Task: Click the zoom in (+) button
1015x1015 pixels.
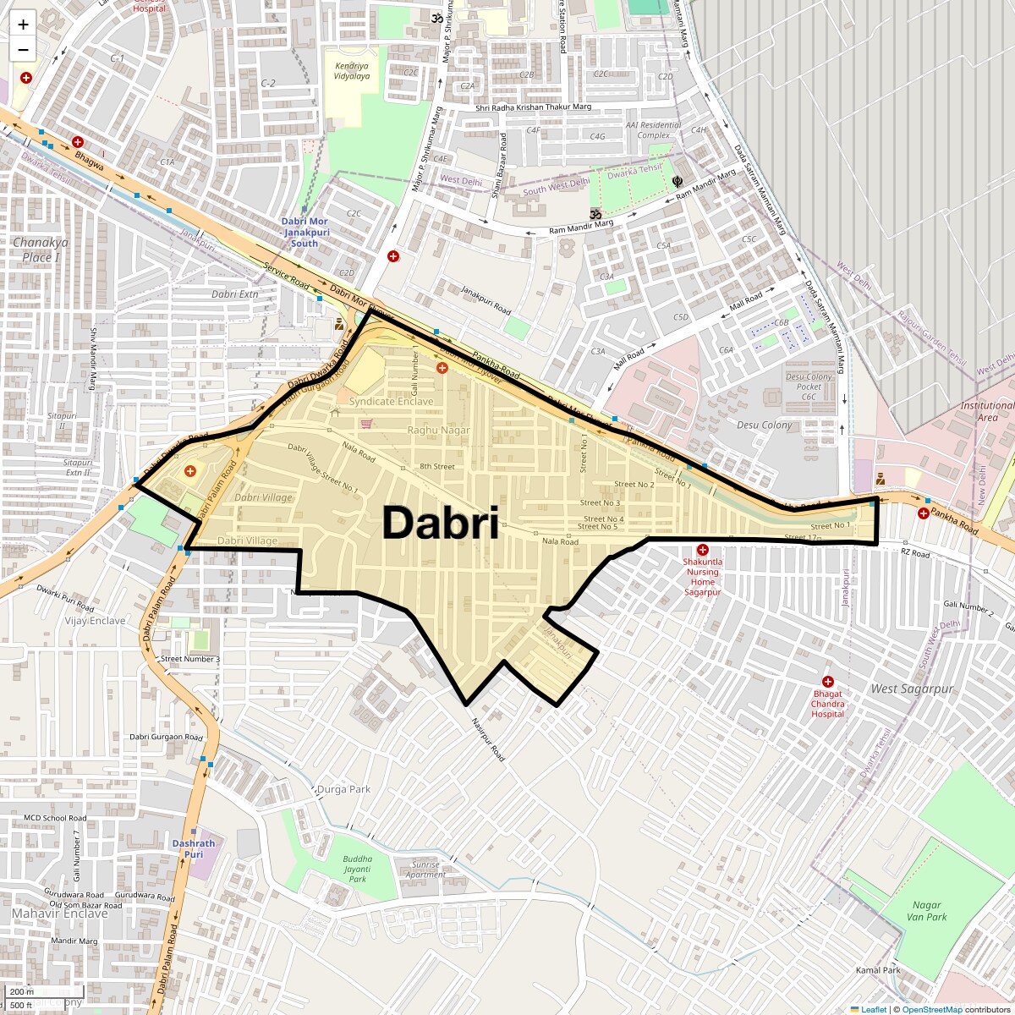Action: pos(23,25)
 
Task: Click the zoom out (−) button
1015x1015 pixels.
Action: pos(23,50)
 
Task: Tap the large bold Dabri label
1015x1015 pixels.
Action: pos(440,524)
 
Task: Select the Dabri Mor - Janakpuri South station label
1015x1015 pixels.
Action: pos(304,232)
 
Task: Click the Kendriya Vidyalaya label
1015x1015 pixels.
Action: pos(352,71)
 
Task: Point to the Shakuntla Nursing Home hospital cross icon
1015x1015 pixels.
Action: pos(702,551)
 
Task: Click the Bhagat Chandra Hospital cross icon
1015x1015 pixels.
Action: pos(828,682)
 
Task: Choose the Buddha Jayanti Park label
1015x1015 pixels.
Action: pos(357,869)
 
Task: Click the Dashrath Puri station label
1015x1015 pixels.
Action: pos(194,848)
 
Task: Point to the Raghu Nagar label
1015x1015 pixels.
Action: pos(438,431)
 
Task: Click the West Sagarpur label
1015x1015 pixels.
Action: pos(912,689)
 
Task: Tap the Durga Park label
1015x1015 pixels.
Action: pos(343,789)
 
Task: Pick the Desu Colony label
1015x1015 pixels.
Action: pos(765,425)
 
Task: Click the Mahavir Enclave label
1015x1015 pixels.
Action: pos(60,913)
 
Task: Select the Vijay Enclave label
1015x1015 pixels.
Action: pos(95,621)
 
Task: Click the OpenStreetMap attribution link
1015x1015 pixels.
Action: pos(931,1009)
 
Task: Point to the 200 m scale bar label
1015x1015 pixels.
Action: pos(23,992)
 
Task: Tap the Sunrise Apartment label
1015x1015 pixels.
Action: pos(425,870)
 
